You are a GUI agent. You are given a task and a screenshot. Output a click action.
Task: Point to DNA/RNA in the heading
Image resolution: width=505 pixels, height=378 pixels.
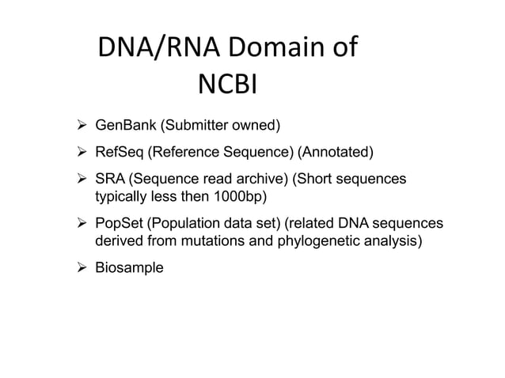coord(158,49)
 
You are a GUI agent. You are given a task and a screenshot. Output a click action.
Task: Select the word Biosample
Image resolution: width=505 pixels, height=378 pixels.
coord(129,268)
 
